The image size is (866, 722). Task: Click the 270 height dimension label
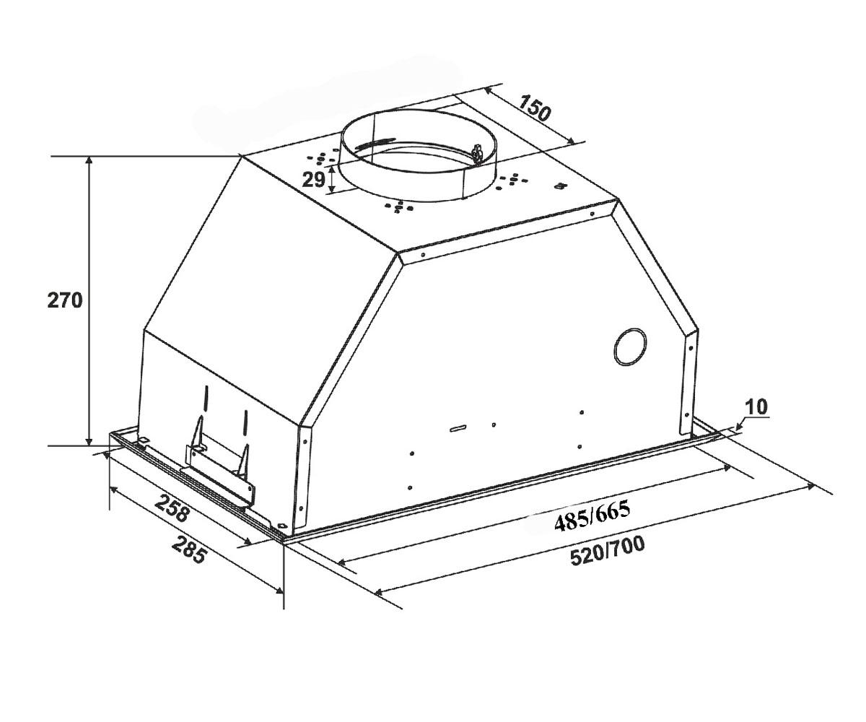point(65,300)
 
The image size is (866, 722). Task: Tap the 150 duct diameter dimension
point(535,108)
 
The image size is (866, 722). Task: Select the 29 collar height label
point(313,180)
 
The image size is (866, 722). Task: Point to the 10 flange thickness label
point(756,407)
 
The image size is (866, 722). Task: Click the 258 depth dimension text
point(172,508)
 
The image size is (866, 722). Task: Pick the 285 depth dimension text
point(188,549)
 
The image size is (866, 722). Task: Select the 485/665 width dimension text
point(592,516)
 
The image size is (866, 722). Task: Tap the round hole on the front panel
point(630,348)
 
